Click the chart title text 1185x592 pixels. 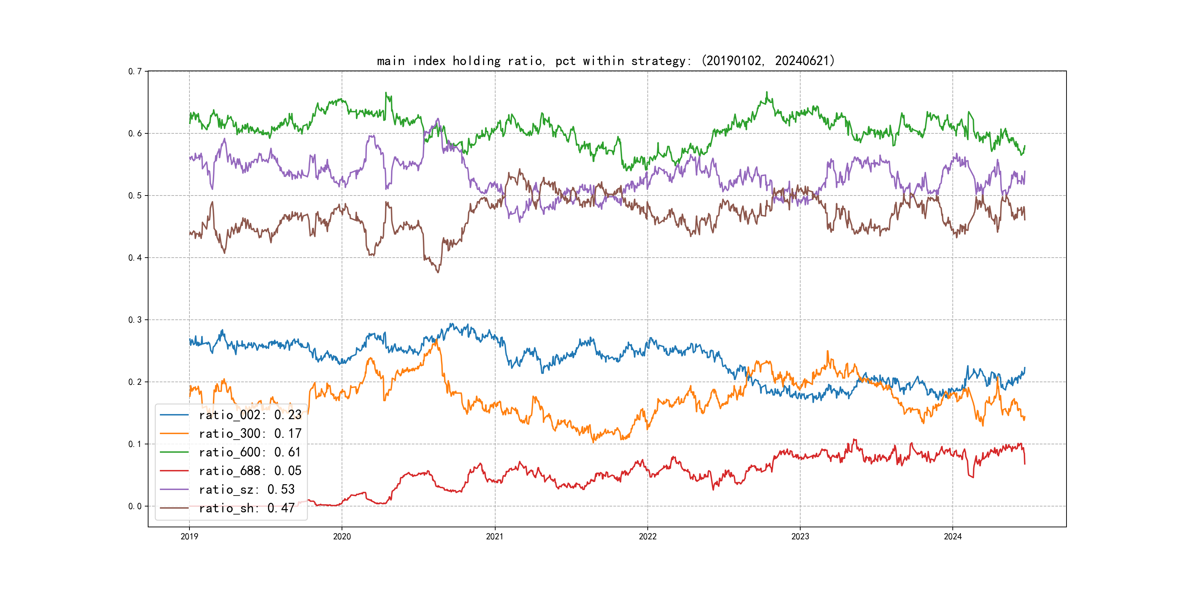click(x=605, y=61)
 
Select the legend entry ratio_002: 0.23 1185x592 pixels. click(x=250, y=415)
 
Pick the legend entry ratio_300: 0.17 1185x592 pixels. click(x=250, y=433)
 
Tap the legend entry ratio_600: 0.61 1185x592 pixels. click(x=250, y=452)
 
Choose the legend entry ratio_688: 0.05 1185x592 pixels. click(x=250, y=471)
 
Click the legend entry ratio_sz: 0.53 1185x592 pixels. click(x=247, y=490)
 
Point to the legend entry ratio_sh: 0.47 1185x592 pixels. click(x=247, y=508)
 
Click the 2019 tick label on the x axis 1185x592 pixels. click(x=189, y=536)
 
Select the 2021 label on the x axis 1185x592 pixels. click(x=494, y=536)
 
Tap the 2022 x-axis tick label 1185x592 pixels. click(x=647, y=536)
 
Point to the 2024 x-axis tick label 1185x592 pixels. click(x=952, y=536)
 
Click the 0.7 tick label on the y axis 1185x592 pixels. click(x=135, y=71)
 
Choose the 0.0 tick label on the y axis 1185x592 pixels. click(x=135, y=506)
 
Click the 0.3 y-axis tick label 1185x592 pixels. click(x=135, y=320)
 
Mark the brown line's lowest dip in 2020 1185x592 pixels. click(x=438, y=272)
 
